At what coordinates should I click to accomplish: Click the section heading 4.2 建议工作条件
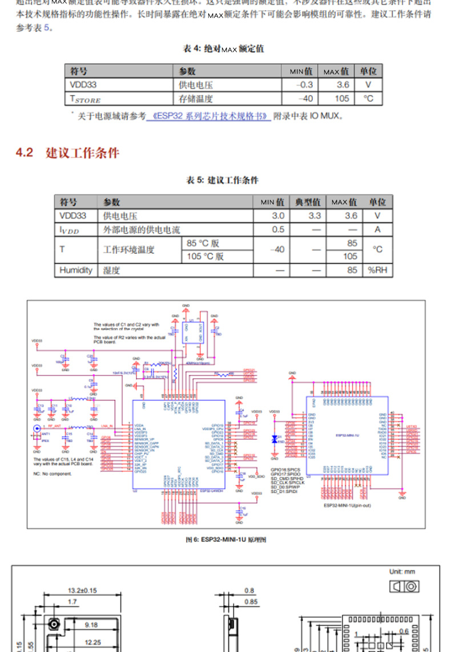[x=67, y=153]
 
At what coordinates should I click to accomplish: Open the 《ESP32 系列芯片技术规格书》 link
[x=208, y=116]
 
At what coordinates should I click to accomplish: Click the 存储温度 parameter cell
[x=196, y=98]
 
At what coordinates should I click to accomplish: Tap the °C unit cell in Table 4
[x=368, y=98]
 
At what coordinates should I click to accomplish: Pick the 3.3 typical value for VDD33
[x=315, y=216]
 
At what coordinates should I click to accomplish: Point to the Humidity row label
[x=75, y=270]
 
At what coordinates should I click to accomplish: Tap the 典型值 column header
[x=308, y=202]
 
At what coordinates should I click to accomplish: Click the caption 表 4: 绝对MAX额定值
[x=223, y=49]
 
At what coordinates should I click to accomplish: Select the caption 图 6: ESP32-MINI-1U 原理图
[x=225, y=540]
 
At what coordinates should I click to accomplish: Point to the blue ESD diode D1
[x=275, y=439]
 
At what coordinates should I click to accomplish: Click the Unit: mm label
[x=402, y=572]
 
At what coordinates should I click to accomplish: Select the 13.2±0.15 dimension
[x=82, y=590]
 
